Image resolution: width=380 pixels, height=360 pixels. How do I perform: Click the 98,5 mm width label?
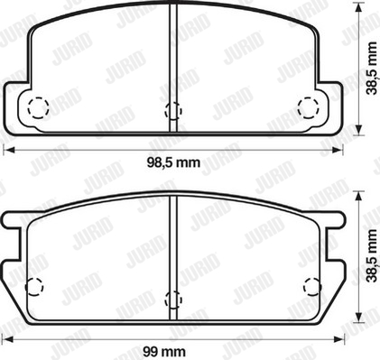point(173,163)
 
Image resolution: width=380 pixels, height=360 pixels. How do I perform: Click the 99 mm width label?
point(164,351)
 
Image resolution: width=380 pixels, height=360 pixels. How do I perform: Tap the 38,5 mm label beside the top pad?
point(372,69)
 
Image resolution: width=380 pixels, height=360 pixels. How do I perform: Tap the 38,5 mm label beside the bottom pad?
point(372,256)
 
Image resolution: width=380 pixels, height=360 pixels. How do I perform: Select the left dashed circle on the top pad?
point(38,107)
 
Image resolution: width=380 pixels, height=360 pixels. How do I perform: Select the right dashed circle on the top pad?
point(308,107)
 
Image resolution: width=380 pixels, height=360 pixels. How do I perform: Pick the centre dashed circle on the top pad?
point(173,110)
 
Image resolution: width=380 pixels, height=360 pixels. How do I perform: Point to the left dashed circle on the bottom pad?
point(34,286)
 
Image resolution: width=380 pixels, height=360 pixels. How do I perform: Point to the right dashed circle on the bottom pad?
point(312,286)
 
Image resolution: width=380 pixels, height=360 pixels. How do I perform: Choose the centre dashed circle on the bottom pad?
point(173,300)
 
